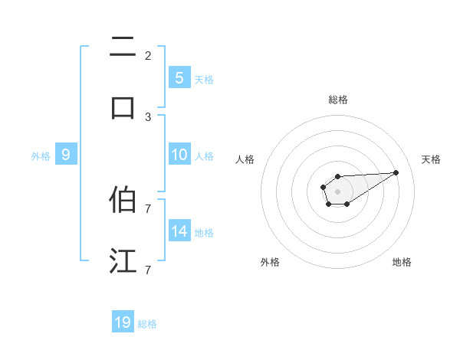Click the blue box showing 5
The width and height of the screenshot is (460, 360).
[x=179, y=77]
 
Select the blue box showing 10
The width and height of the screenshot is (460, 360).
[x=179, y=155]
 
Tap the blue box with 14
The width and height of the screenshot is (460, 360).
[x=179, y=231]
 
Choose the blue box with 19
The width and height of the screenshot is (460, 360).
[x=123, y=322]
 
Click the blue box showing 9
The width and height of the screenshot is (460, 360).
[x=66, y=155]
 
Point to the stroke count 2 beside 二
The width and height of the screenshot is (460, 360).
[x=148, y=55]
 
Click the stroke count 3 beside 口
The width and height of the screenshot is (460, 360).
[x=148, y=116]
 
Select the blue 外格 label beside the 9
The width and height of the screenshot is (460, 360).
[x=41, y=155]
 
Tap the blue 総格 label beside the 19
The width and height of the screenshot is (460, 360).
[x=147, y=323]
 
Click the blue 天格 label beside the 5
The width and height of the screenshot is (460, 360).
[x=204, y=78]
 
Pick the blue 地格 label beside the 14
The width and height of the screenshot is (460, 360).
[x=204, y=232]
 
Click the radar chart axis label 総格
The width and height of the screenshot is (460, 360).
[x=337, y=100]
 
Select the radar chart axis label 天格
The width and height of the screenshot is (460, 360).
[x=431, y=159]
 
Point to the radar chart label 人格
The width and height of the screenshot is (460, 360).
[x=245, y=159]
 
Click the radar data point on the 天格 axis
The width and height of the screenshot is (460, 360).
[x=396, y=172]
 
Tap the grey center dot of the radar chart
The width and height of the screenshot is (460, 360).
[x=337, y=191]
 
